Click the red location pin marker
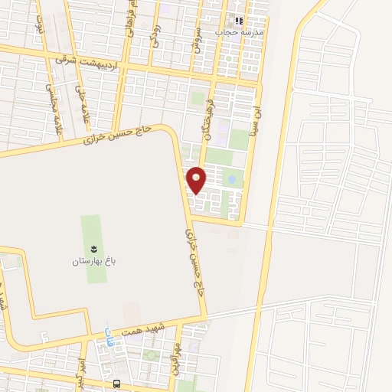197,179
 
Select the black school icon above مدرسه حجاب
240,21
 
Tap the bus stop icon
116,384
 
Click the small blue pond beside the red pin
231,179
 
